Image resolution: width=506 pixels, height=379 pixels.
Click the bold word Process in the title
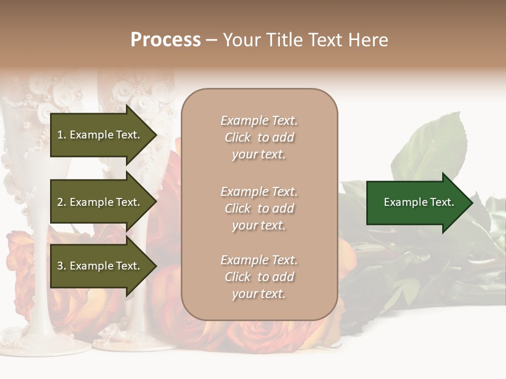166,40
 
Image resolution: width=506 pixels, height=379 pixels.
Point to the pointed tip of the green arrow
470,203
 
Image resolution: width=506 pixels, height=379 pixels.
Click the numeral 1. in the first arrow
62,135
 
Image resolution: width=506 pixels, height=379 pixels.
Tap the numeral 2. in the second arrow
62,202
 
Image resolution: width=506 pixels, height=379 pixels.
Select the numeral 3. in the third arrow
62,266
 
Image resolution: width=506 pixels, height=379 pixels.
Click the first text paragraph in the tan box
259,137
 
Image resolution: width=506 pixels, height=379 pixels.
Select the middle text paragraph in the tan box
259,208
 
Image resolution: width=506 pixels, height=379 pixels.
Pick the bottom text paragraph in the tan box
259,277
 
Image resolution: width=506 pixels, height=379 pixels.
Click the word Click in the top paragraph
238,138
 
